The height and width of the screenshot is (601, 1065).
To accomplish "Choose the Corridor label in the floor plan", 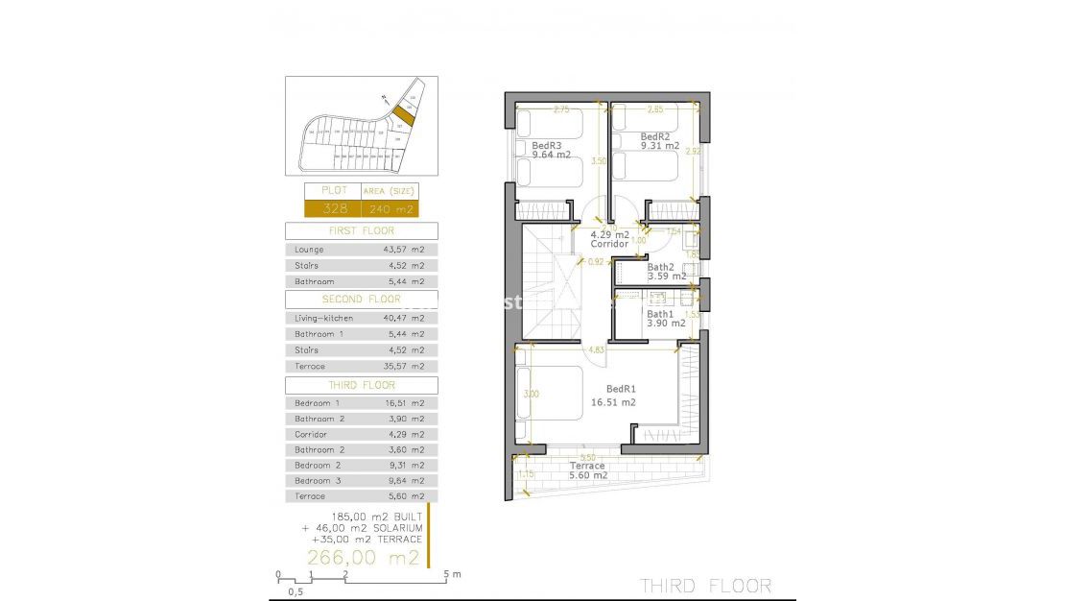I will point(609,244).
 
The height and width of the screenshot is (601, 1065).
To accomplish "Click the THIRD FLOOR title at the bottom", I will point(705,586).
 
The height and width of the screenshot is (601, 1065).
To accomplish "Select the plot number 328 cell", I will point(333,208).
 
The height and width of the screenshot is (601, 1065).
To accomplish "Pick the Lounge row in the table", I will point(361,250).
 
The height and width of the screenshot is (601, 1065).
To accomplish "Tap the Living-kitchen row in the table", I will point(361,318).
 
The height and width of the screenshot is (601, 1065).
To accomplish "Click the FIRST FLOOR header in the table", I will point(361,231).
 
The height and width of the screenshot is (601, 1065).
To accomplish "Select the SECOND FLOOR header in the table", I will point(361,300).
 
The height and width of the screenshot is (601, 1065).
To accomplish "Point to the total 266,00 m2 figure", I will point(363,558).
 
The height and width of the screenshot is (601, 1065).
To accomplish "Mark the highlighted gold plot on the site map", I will point(405,115).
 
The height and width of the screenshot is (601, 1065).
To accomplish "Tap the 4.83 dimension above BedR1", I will point(596,349).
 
